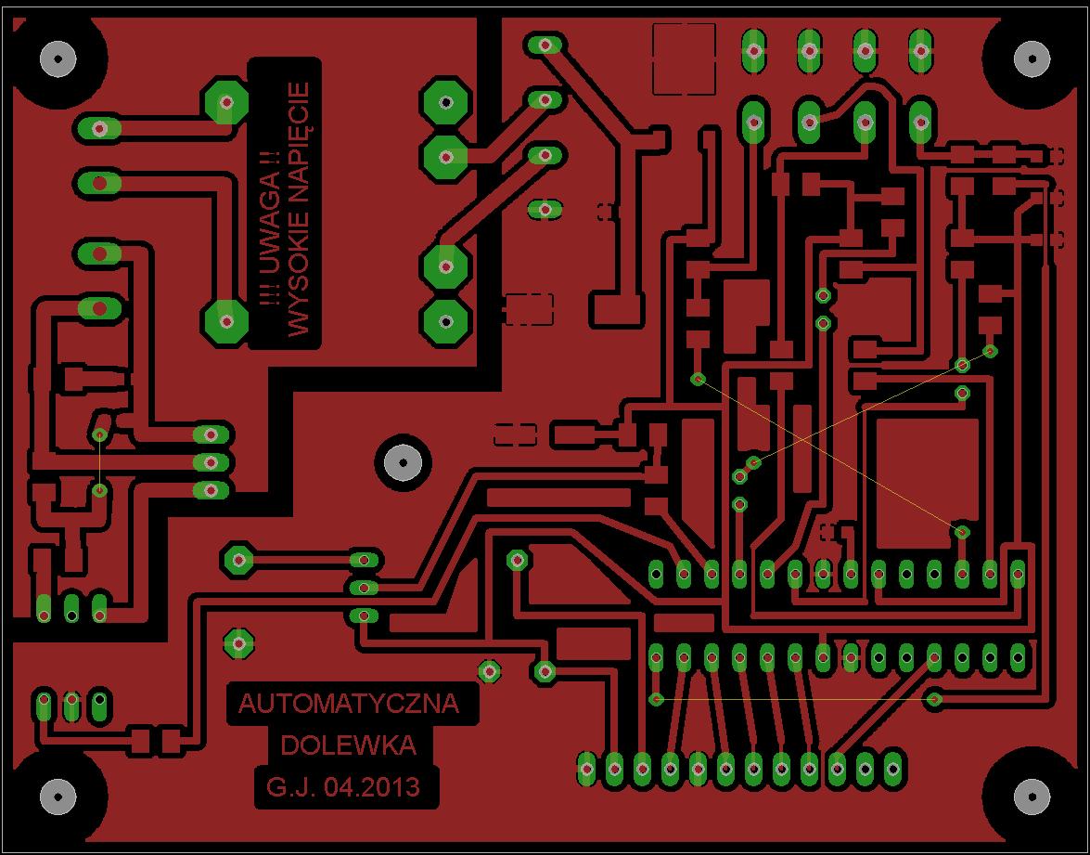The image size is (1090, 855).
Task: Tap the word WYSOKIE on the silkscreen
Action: point(298,278)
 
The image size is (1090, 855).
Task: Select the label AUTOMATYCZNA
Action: point(349,704)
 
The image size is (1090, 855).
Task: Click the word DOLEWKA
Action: point(348,745)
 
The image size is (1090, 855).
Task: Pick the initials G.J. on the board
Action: point(292,788)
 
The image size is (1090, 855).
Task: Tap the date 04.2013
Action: point(378,788)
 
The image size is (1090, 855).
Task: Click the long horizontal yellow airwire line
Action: point(795,698)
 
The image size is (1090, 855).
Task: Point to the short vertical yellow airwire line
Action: point(99,461)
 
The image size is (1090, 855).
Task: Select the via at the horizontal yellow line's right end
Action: point(935,699)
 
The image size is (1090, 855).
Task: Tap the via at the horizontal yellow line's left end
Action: point(656,698)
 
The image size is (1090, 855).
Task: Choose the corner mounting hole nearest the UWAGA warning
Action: point(59,59)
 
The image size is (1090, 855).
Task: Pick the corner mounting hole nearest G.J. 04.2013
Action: point(59,796)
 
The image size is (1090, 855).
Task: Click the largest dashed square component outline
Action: point(685,59)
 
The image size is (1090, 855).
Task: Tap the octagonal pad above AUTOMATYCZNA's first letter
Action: point(239,642)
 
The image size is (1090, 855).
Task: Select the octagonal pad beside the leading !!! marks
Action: point(224,319)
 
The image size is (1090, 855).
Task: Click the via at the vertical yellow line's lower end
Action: point(99,489)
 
